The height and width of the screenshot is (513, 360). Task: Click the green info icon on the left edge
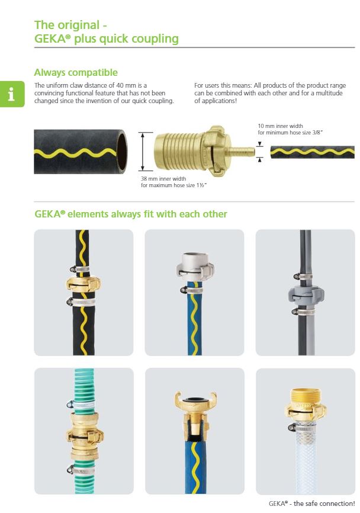point(12,94)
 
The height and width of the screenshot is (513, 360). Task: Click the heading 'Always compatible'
point(76,72)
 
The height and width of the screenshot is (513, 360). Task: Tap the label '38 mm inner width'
point(163,179)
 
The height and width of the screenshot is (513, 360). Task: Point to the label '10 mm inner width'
point(280,126)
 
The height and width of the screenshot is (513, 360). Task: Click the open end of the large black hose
point(121,152)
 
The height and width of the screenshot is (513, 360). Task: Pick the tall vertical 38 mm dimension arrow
point(143,152)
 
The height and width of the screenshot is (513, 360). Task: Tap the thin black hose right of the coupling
point(312,152)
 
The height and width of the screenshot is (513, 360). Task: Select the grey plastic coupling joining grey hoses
point(306,294)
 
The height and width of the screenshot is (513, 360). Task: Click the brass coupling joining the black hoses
point(83,284)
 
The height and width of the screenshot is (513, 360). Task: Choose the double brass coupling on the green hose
point(85,435)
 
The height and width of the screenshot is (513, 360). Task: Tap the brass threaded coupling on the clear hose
point(306,405)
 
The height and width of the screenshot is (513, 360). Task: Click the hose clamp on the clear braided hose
point(302,428)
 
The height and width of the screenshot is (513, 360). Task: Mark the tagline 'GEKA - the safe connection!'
point(311,504)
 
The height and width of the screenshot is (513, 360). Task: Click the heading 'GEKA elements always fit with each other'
point(131,214)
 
